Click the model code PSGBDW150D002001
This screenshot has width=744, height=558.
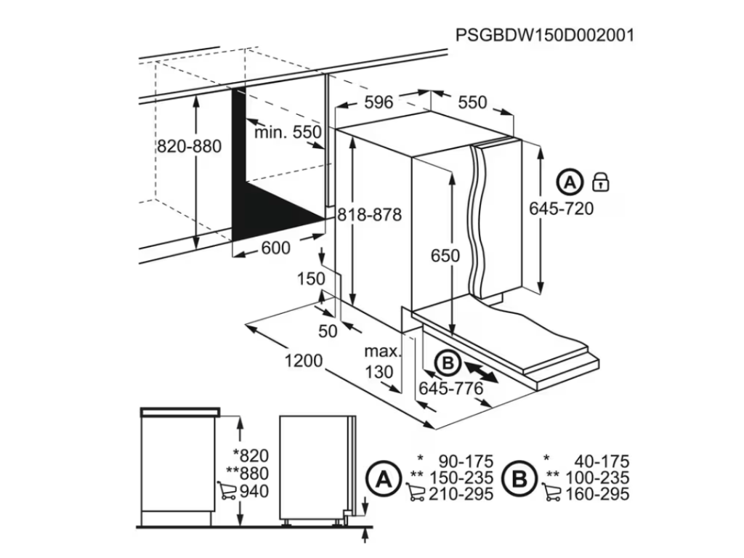click(545, 36)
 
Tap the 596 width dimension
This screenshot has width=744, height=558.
click(379, 102)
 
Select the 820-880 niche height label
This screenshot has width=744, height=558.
click(190, 146)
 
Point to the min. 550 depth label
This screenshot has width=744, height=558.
click(288, 132)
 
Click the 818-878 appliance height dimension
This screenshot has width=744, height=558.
click(370, 215)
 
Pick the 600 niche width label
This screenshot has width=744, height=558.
click(275, 247)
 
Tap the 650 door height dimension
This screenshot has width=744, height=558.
click(445, 256)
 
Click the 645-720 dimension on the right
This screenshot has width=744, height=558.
click(562, 209)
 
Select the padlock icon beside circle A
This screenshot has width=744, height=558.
click(601, 182)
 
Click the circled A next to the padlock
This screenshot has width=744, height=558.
click(570, 182)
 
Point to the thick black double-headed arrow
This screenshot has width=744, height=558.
click(481, 371)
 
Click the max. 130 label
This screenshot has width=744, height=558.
click(381, 361)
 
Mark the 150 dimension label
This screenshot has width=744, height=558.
click(311, 278)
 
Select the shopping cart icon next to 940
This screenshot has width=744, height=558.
click(227, 490)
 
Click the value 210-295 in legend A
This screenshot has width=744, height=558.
click(461, 494)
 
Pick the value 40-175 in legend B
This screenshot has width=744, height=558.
click(602, 461)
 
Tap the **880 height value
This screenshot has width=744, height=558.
click(248, 473)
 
